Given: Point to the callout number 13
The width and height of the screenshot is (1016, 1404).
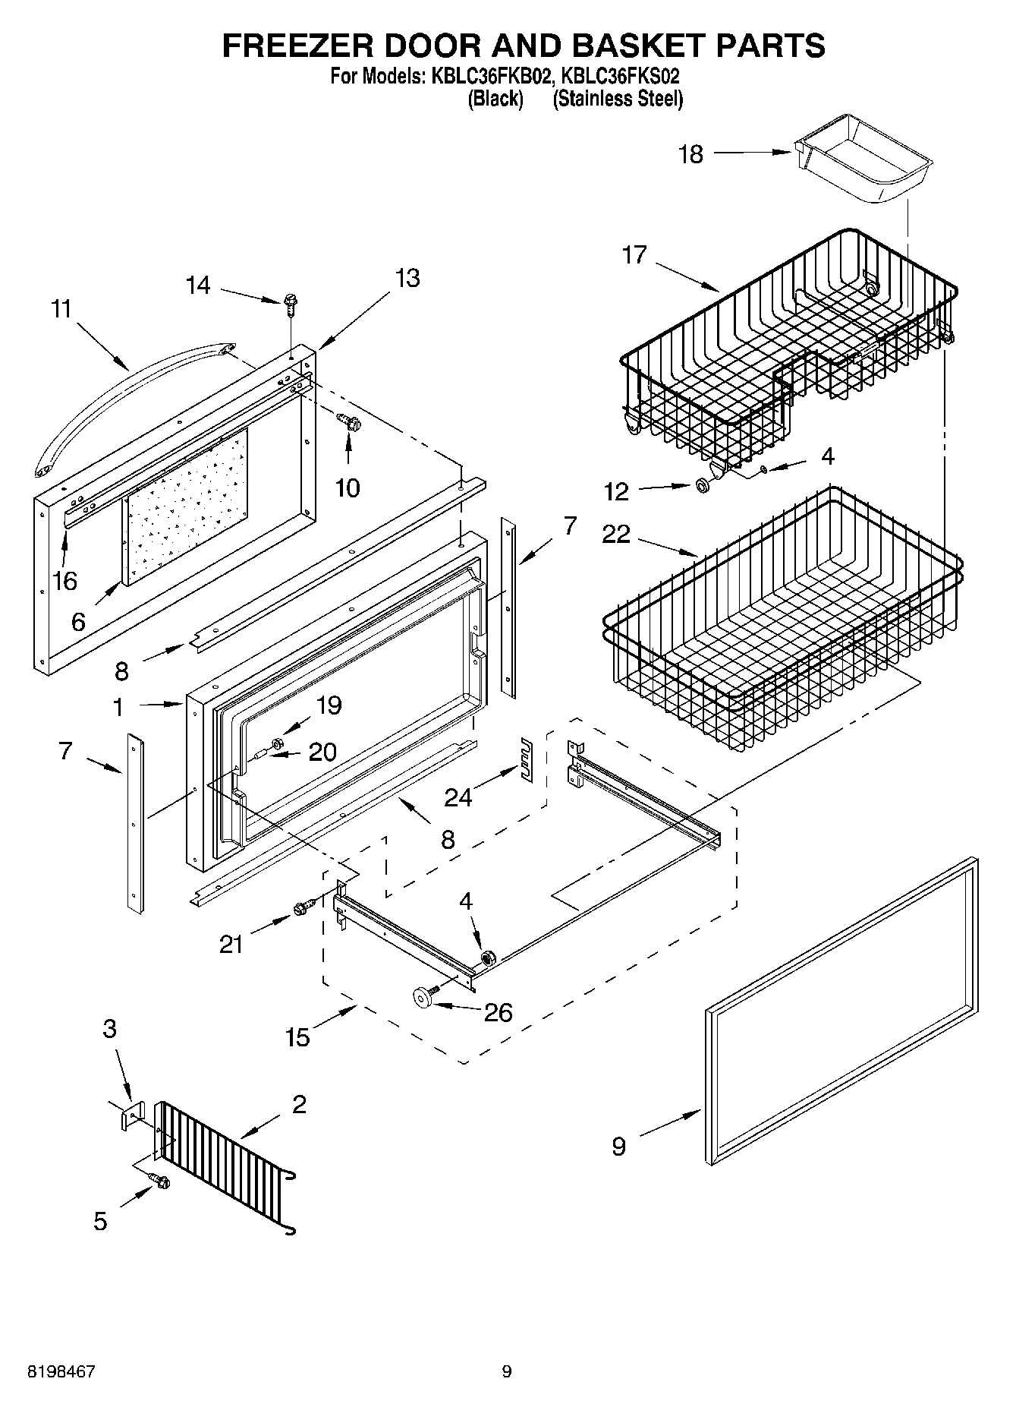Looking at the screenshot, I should point(407,279).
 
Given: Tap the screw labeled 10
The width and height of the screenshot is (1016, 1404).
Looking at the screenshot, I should point(349,421).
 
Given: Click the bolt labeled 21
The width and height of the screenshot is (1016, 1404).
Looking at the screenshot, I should point(303,907).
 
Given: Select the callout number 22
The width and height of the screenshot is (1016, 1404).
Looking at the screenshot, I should point(615,535).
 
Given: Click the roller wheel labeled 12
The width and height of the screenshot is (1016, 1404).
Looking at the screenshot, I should point(703,484).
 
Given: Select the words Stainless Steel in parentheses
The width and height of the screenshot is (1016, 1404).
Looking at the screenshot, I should point(618,99).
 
